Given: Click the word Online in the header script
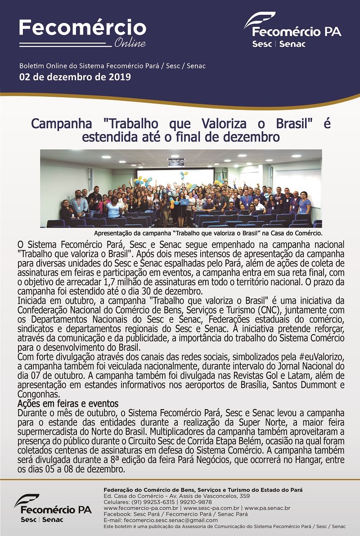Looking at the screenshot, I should pos(130,43).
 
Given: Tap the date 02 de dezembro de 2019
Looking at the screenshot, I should pos(75,77).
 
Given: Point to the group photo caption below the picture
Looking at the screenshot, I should pos(208,233).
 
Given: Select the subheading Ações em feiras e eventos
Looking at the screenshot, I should pos(67,403).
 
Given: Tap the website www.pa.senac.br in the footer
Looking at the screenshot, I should pos(267,508).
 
